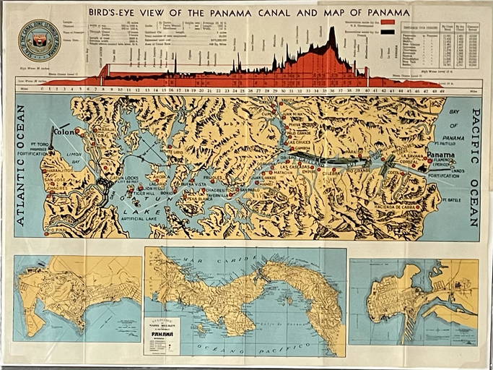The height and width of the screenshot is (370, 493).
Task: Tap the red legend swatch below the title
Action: [388, 22]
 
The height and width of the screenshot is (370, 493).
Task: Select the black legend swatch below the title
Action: [388, 31]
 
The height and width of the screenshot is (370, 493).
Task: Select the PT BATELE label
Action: [451, 199]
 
